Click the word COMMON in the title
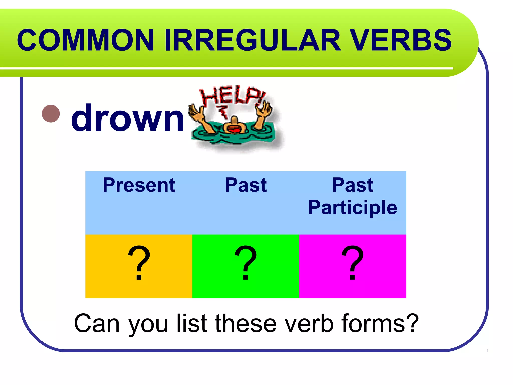[85, 40]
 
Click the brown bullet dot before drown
[51, 114]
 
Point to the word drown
[128, 118]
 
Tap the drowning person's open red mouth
[235, 130]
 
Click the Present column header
[139, 185]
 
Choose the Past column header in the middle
[246, 185]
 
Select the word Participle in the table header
[352, 208]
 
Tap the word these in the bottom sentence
[246, 323]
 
